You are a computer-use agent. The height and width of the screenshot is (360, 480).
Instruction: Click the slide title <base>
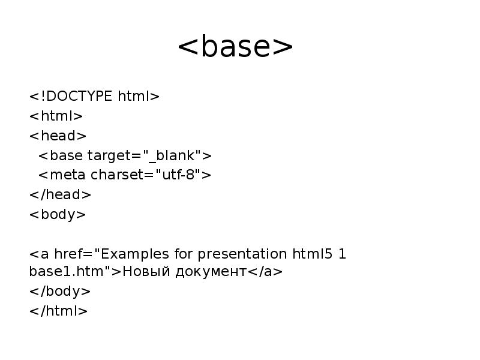235,47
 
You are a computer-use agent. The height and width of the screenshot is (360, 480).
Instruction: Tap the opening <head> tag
58,136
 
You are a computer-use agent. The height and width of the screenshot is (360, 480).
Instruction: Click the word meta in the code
67,175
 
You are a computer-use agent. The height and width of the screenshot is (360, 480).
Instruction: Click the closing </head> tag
60,194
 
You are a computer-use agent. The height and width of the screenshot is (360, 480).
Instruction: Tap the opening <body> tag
58,214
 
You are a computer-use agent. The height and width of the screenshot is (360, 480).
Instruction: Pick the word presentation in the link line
243,254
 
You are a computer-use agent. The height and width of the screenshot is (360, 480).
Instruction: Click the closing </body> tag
60,292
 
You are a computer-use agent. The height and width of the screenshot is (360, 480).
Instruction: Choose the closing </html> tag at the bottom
58,311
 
